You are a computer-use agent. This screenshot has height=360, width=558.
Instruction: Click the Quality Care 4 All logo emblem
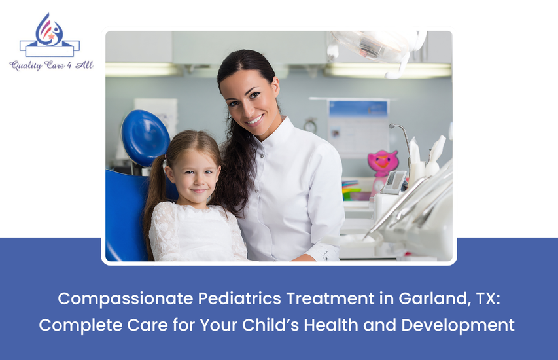click(49, 36)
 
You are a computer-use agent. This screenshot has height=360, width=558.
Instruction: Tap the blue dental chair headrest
click(145, 137)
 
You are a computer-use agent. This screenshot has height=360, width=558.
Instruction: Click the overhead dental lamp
click(376, 46)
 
